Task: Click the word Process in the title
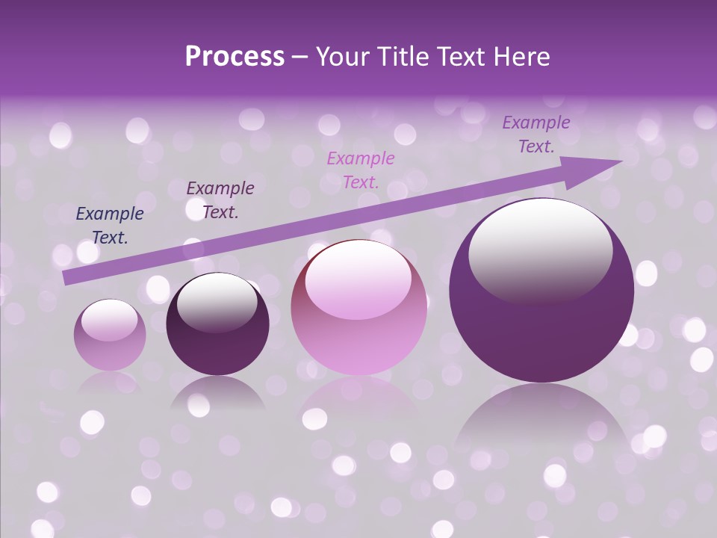pos(235,57)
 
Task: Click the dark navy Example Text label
pos(110,226)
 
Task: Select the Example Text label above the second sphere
pos(220,200)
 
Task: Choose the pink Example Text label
pos(361,170)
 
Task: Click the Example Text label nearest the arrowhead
pos(536,134)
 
